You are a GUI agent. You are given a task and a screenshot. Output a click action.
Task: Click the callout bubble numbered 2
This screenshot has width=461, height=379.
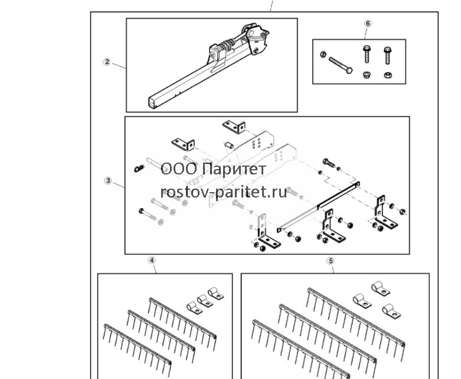coord(107,62)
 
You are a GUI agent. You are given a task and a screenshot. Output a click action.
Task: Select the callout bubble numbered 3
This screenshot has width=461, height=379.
coord(108,180)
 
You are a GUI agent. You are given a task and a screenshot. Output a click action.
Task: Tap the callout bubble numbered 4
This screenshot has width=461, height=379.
coord(152,260)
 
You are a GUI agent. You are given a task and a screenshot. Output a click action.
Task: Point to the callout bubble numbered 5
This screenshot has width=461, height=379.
coord(331,261)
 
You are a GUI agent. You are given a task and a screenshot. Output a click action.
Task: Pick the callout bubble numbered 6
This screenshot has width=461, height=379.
coord(368,23)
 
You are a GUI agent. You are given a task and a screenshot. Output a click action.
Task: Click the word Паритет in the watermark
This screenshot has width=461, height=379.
coord(234,170)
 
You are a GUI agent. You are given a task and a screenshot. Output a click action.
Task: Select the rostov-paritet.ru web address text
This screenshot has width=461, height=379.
coord(224,193)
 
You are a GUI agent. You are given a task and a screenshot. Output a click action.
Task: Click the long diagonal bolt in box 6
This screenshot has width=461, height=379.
coord(341,65)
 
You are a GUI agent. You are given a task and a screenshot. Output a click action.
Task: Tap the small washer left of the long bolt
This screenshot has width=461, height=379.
coord(323,54)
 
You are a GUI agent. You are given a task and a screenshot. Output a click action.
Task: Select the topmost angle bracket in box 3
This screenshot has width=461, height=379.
coord(234,127)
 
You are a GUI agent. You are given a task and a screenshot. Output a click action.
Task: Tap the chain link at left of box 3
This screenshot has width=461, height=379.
coord(139,169)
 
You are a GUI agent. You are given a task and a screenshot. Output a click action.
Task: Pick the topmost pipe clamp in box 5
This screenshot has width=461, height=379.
coord(380,289)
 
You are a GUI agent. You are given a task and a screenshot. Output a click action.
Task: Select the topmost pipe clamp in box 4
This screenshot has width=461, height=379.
coord(215,293)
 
